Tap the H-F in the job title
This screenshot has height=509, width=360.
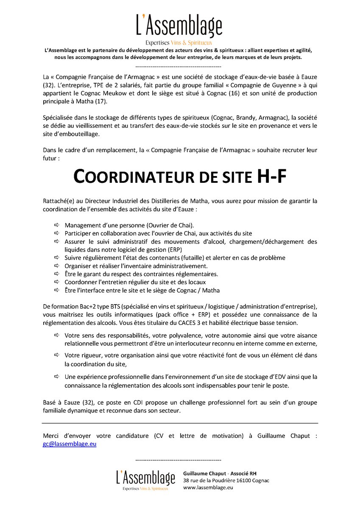tap(271, 176)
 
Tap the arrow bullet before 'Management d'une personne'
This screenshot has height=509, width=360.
tap(57, 225)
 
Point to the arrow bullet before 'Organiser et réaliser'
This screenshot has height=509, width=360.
tap(57, 266)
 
